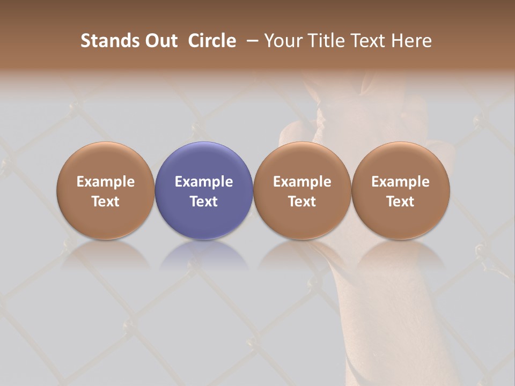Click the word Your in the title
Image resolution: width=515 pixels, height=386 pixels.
282,41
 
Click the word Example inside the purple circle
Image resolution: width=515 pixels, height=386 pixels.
204,182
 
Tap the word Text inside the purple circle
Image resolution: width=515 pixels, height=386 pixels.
204,202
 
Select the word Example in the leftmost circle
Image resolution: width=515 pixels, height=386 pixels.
106,182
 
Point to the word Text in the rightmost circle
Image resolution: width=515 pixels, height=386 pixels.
401,202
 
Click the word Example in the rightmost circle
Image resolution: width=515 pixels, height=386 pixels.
401,182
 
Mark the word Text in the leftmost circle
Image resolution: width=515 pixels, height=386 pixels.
106,202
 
